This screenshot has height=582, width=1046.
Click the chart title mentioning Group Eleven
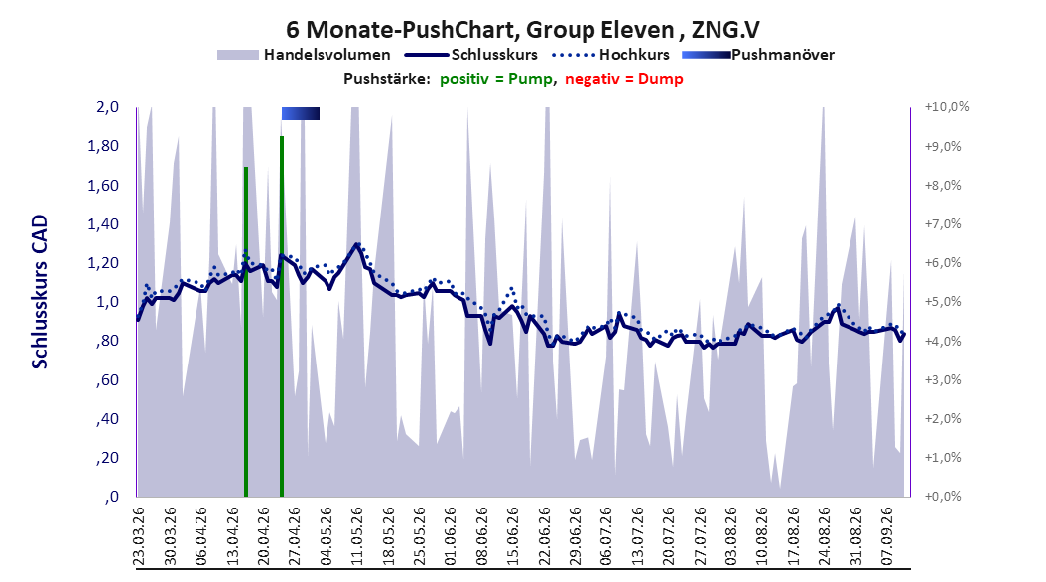[x=522, y=30]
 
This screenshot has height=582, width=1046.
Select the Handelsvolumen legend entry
[x=305, y=55]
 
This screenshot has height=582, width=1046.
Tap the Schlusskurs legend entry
[x=471, y=55]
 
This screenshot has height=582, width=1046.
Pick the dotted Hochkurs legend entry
[x=611, y=55]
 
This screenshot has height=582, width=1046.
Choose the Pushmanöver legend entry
[x=758, y=55]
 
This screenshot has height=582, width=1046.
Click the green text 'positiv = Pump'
[x=496, y=79]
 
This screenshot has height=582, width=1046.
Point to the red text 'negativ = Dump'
[x=624, y=79]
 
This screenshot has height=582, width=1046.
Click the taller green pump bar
[x=282, y=317]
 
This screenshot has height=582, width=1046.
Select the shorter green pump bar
[x=246, y=332]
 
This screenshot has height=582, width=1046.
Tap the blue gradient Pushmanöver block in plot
[x=300, y=114]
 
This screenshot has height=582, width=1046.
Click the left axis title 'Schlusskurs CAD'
[x=40, y=292]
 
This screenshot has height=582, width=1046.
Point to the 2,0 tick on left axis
[x=107, y=107]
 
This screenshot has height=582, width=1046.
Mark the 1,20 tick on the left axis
[x=103, y=263]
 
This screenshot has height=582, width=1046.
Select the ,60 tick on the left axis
[x=107, y=379]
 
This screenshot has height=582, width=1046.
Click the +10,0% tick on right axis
[x=946, y=107]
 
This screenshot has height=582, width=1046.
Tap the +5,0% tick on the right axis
[x=943, y=302]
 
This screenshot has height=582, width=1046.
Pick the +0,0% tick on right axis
[x=943, y=497]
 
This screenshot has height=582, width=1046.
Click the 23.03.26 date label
[x=139, y=536]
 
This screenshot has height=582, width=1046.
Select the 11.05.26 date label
[x=357, y=536]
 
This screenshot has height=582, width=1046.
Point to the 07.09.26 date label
[x=886, y=536]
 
